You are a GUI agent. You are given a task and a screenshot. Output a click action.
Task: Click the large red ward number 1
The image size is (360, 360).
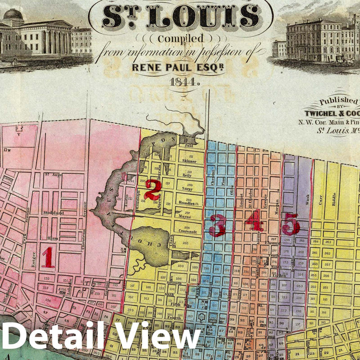[x=48, y=257]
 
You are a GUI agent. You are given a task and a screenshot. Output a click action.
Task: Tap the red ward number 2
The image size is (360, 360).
[x=152, y=190]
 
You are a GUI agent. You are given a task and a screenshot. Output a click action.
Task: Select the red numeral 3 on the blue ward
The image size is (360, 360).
[x=217, y=225]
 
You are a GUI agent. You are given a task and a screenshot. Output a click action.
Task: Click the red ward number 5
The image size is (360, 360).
[x=290, y=224]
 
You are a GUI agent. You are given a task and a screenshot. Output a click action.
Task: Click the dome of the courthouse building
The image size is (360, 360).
[x=13, y=15]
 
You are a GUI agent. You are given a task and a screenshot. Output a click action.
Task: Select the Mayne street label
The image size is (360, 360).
[x=185, y=217]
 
